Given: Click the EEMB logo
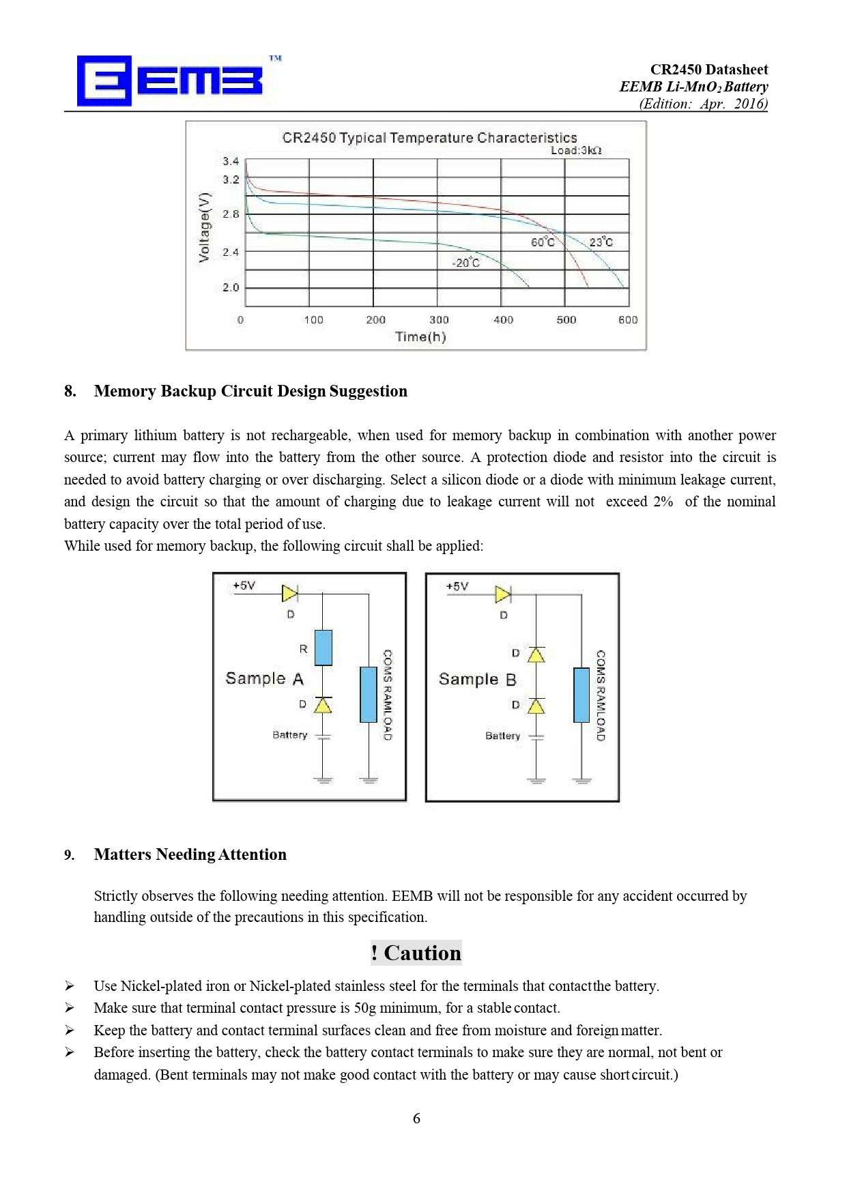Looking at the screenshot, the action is click(170, 81).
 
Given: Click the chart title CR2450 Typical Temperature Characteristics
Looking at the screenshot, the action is click(429, 138).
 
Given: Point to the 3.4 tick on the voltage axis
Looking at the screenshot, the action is click(231, 161).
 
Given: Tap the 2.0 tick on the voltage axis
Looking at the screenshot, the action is click(231, 287).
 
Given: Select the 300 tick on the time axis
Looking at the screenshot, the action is click(439, 319).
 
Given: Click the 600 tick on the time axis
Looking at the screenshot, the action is click(628, 319).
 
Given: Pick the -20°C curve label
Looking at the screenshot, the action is click(466, 263).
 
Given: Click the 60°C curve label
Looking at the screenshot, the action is click(543, 242).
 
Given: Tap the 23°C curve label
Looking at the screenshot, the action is click(601, 242).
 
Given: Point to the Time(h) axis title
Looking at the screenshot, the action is click(420, 336).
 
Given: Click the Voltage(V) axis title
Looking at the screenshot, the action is click(204, 227).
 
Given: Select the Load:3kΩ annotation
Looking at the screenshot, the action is click(576, 151).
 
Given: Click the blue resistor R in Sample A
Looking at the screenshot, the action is click(324, 648).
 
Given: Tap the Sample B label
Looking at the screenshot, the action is click(477, 679).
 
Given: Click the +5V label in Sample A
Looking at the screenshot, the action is click(244, 586).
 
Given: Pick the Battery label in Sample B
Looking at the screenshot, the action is click(503, 736).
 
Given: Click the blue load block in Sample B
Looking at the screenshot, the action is click(582, 695).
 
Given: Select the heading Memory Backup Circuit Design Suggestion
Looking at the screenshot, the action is click(250, 391).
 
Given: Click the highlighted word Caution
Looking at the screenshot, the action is click(422, 953).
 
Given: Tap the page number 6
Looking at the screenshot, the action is click(416, 1119).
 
